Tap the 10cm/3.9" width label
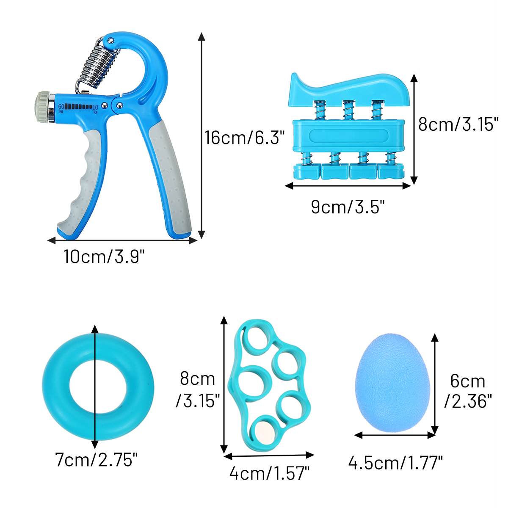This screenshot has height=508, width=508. [x=104, y=256]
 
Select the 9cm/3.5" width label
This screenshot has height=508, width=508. [x=348, y=207]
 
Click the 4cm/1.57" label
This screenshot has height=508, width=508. [x=269, y=473]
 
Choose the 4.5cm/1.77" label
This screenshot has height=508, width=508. [x=395, y=463]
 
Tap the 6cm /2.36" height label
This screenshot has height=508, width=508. [x=468, y=391]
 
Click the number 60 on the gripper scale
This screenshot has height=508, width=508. [x=61, y=107]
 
